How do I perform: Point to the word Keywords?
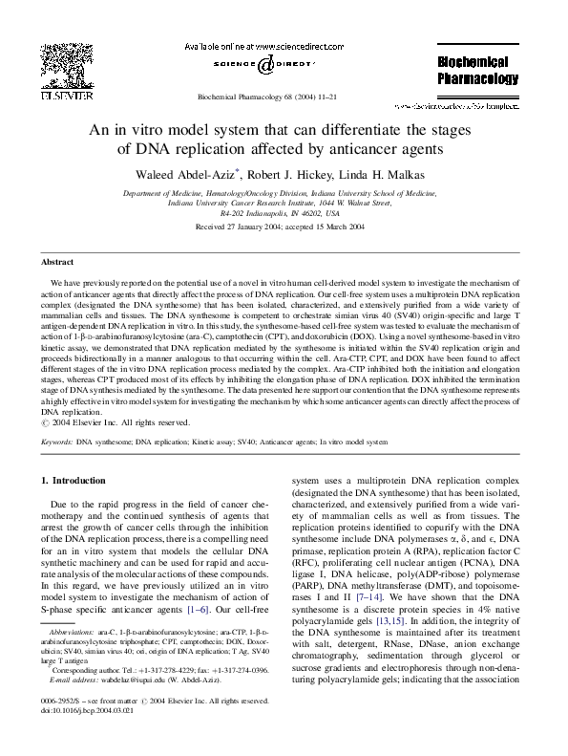pos(56,443)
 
